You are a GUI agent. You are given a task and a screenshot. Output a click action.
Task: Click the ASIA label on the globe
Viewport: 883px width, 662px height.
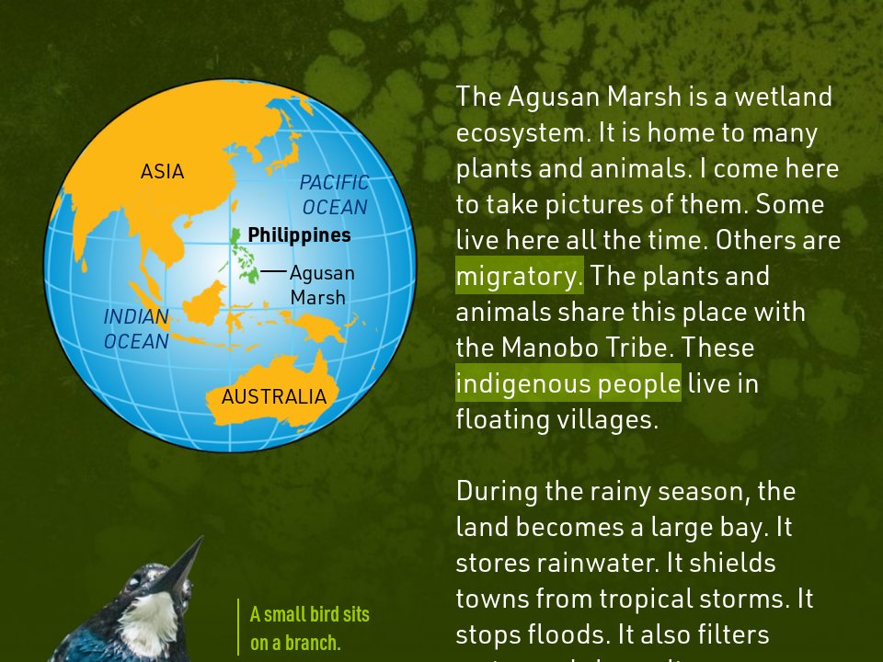tap(162, 172)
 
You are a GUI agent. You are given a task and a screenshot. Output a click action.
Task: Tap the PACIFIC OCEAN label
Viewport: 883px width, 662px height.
tap(334, 195)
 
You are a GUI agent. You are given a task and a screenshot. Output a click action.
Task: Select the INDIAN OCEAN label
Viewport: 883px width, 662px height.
tap(136, 329)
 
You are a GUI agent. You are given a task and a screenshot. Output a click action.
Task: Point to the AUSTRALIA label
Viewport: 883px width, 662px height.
tap(273, 397)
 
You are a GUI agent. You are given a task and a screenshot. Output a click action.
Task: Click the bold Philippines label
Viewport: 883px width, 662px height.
tap(299, 235)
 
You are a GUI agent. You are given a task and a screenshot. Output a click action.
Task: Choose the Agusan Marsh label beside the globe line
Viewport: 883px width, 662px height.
tap(321, 285)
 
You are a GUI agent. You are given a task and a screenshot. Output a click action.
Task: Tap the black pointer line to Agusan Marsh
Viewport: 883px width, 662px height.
tap(273, 271)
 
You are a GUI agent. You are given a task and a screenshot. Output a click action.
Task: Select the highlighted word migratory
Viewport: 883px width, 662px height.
tap(520, 276)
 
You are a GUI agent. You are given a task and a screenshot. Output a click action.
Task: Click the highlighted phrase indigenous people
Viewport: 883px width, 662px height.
tap(568, 383)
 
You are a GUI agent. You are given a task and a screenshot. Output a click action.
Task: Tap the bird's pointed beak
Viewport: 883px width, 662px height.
tap(183, 563)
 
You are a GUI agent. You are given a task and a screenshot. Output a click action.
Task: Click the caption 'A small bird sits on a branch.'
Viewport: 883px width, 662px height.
tap(309, 628)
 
